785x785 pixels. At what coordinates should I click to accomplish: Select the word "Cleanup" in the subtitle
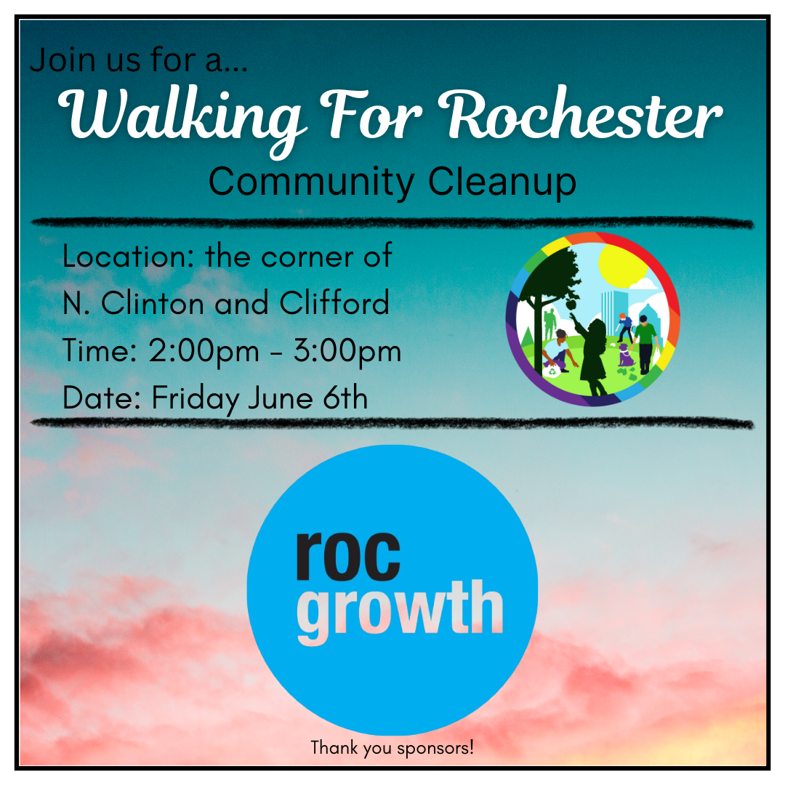pyautogui.click(x=502, y=182)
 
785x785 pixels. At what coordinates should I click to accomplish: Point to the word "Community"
pyautogui.click(x=311, y=183)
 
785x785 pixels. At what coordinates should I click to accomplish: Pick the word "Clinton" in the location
pyautogui.click(x=153, y=302)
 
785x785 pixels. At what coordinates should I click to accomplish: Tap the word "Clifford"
pyautogui.click(x=334, y=302)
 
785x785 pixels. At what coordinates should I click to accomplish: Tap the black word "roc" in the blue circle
pyautogui.click(x=348, y=556)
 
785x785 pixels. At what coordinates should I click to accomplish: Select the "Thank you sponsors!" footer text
pyautogui.click(x=392, y=748)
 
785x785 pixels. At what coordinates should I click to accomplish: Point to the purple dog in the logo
pyautogui.click(x=625, y=355)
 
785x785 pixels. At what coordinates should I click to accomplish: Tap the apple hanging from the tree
pyautogui.click(x=572, y=305)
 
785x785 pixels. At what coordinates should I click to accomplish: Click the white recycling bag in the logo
pyautogui.click(x=552, y=371)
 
